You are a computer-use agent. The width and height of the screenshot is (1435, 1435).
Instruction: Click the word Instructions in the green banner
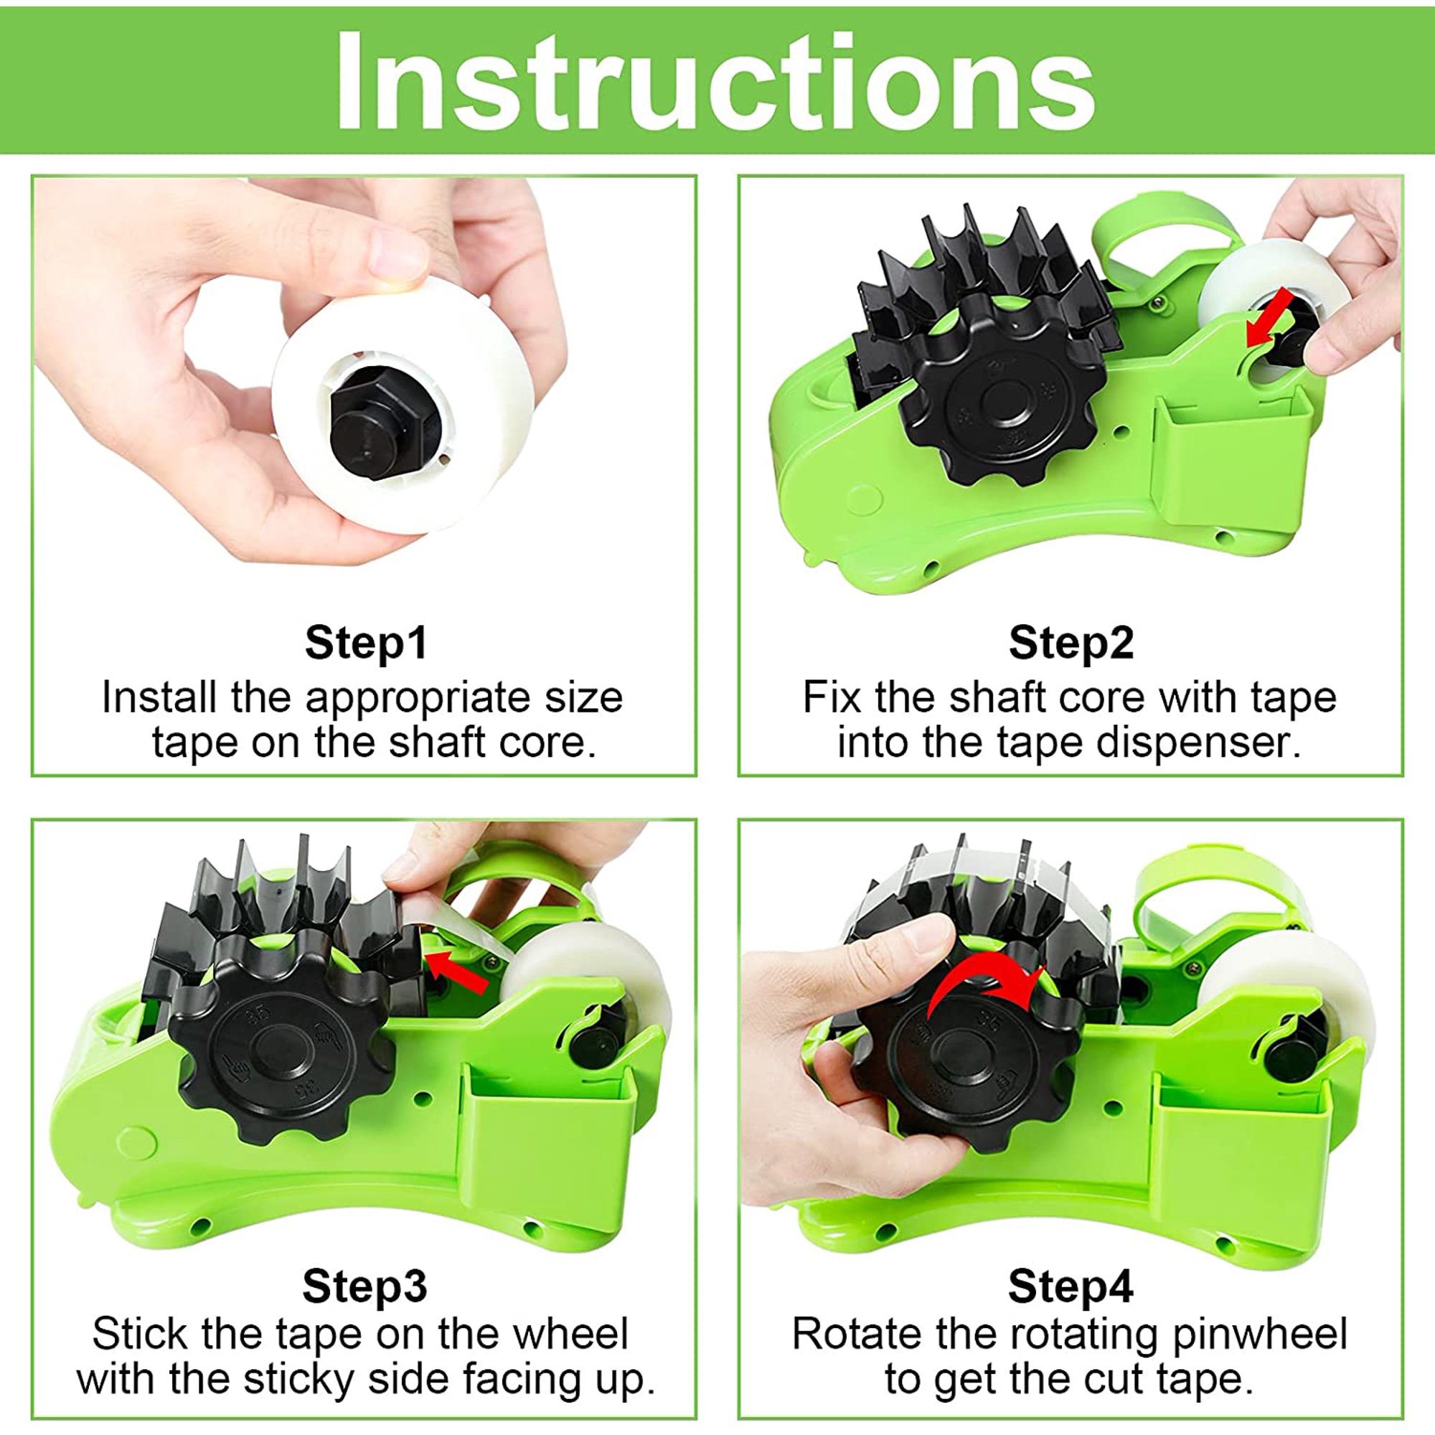[x=715, y=80]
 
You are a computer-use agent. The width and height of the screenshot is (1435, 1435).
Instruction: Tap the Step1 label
[x=367, y=642]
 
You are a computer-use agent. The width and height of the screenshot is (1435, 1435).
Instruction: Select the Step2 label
[x=1071, y=642]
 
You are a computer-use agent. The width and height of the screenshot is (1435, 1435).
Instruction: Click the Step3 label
[x=364, y=1286]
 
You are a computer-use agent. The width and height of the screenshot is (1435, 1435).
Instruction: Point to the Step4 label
[x=1071, y=1286]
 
